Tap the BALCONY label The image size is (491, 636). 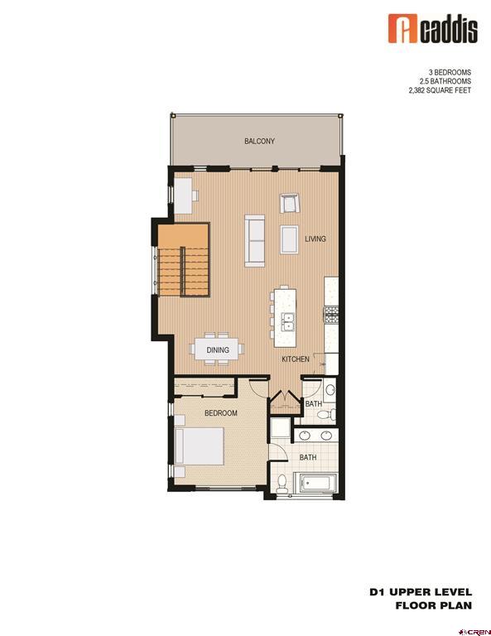tap(259, 142)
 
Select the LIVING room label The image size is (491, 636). tap(315, 239)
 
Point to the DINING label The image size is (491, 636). tap(218, 350)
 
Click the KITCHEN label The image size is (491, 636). tap(296, 359)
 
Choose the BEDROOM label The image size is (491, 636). tap(221, 413)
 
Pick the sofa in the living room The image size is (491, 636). tap(255, 240)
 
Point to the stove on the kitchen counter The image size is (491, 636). tap(330, 314)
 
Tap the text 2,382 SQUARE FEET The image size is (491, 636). tap(439, 91)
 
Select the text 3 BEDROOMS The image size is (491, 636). tap(448, 73)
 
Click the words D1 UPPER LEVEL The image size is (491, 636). tap(421, 592)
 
